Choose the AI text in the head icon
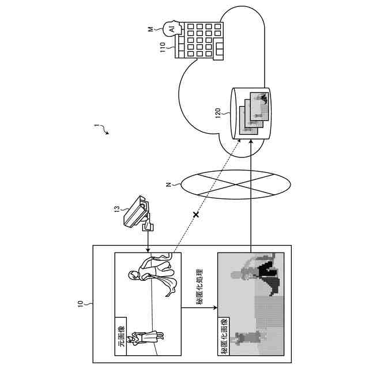pyautogui.click(x=171, y=28)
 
